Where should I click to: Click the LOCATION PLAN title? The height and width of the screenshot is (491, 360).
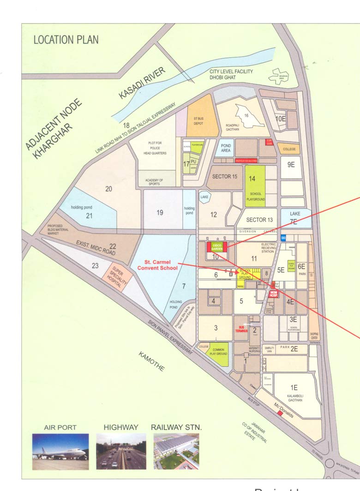(x=66, y=40)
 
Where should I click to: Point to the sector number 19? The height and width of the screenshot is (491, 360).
(x=160, y=213)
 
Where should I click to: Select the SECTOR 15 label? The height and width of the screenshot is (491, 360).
(x=225, y=176)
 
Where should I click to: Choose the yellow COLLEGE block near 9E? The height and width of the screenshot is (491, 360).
(x=289, y=149)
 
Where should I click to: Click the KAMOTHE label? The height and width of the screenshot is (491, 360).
(x=151, y=361)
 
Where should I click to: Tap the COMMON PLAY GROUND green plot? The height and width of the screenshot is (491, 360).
(x=217, y=353)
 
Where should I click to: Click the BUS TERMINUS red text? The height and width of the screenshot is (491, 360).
(x=240, y=329)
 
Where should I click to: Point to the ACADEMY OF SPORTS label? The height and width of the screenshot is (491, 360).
(x=158, y=182)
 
